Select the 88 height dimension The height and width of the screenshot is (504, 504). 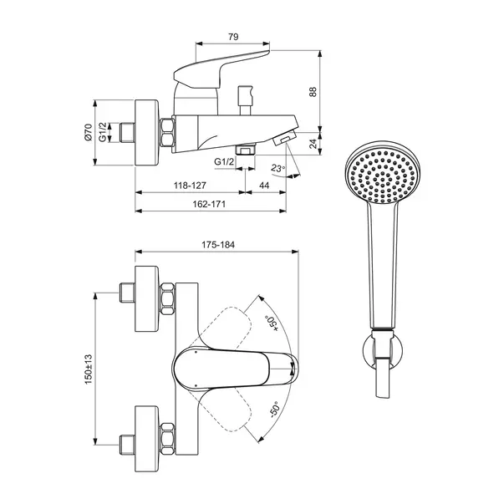313,93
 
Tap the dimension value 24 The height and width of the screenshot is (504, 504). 313,143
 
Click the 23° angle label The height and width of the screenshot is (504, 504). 278,169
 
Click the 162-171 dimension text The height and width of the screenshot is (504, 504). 209,204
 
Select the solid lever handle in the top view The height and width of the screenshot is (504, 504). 234,368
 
